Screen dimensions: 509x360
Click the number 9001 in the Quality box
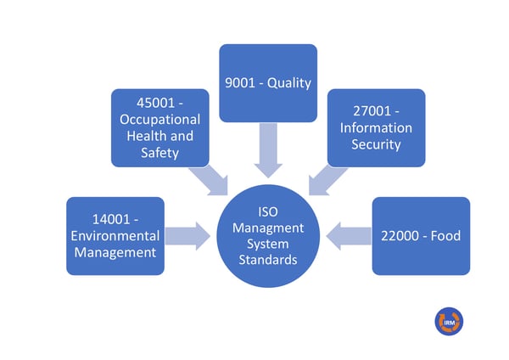240,83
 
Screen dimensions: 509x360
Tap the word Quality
289,83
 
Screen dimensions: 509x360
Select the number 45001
156,103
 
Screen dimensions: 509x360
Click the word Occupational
160,120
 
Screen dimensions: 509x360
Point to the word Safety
160,153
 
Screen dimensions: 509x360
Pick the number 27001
372,111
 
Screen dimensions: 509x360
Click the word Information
376,127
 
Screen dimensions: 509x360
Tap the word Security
376,144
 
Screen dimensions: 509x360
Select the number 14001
111,219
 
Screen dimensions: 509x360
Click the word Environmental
115,236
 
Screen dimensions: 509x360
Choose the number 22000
400,236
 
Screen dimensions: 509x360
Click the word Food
445,236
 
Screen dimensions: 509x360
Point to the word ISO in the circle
268,212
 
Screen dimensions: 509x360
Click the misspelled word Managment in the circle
268,228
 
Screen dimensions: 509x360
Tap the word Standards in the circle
268,260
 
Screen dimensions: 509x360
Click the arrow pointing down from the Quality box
268,150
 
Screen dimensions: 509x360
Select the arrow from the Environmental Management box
187,236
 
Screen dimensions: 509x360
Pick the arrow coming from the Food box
349,236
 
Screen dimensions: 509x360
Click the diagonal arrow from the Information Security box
326,181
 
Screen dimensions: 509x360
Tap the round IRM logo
450,321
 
